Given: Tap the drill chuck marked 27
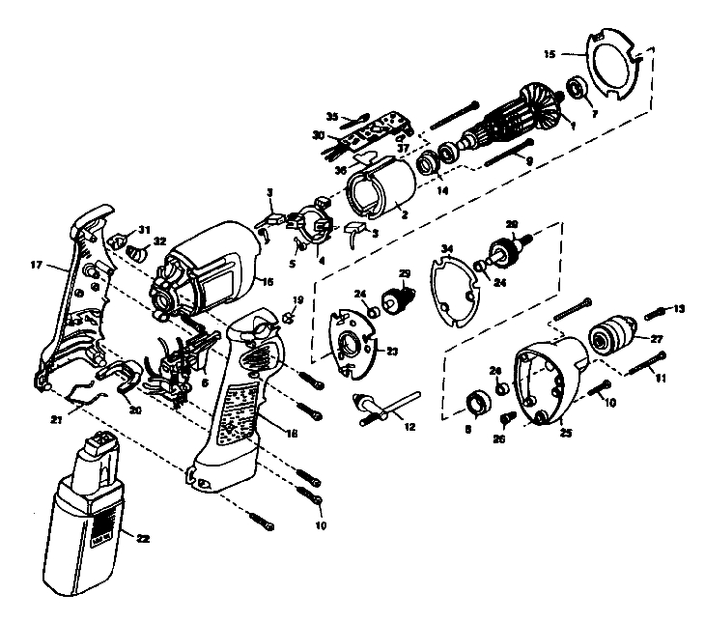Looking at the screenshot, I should pos(607,338).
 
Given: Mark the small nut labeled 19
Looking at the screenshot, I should pos(288,316).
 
